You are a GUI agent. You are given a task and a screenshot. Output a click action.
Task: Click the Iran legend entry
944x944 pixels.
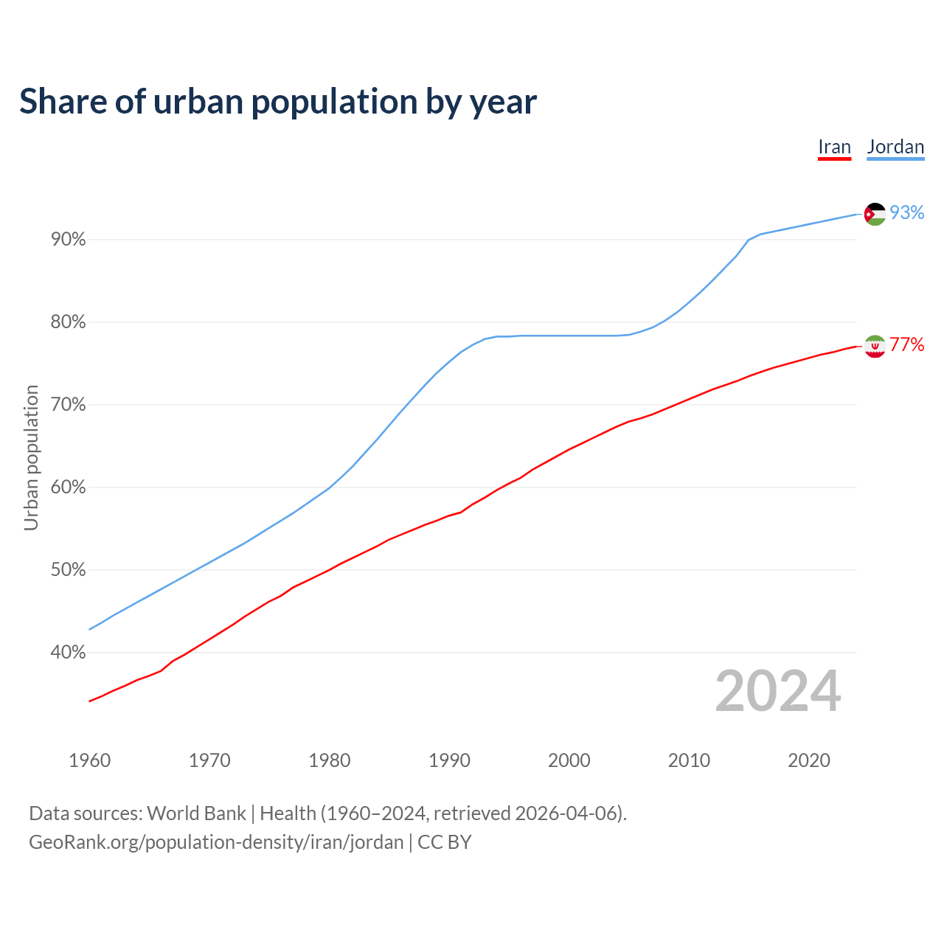(x=834, y=147)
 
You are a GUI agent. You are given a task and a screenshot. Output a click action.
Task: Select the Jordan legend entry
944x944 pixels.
(x=895, y=147)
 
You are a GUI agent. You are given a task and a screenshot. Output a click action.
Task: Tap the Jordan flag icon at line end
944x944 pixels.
(x=875, y=214)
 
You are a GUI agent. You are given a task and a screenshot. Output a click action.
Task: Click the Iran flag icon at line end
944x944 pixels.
(x=875, y=346)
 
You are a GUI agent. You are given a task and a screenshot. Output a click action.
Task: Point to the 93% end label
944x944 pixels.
(x=906, y=213)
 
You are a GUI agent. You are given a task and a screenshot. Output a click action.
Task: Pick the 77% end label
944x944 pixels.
(x=906, y=345)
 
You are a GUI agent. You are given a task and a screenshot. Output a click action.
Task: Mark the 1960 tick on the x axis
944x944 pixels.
(x=89, y=760)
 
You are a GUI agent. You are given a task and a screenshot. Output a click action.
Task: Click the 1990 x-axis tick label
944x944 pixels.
(x=449, y=760)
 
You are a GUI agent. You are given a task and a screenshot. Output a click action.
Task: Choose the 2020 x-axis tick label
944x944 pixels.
(x=809, y=760)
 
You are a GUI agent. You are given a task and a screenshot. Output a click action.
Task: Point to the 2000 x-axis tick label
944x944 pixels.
(x=569, y=760)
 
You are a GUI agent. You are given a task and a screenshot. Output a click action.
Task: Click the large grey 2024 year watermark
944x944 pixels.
(x=777, y=691)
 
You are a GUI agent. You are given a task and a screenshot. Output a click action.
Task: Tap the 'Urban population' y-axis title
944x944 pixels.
(x=31, y=457)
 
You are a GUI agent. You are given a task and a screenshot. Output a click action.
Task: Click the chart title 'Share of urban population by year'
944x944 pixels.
(x=278, y=102)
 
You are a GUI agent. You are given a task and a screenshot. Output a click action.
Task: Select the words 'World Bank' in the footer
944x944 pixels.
(x=196, y=813)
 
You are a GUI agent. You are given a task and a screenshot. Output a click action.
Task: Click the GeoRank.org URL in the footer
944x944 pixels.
(x=216, y=842)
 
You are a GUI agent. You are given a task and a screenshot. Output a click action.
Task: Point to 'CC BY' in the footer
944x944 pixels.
(x=445, y=842)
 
